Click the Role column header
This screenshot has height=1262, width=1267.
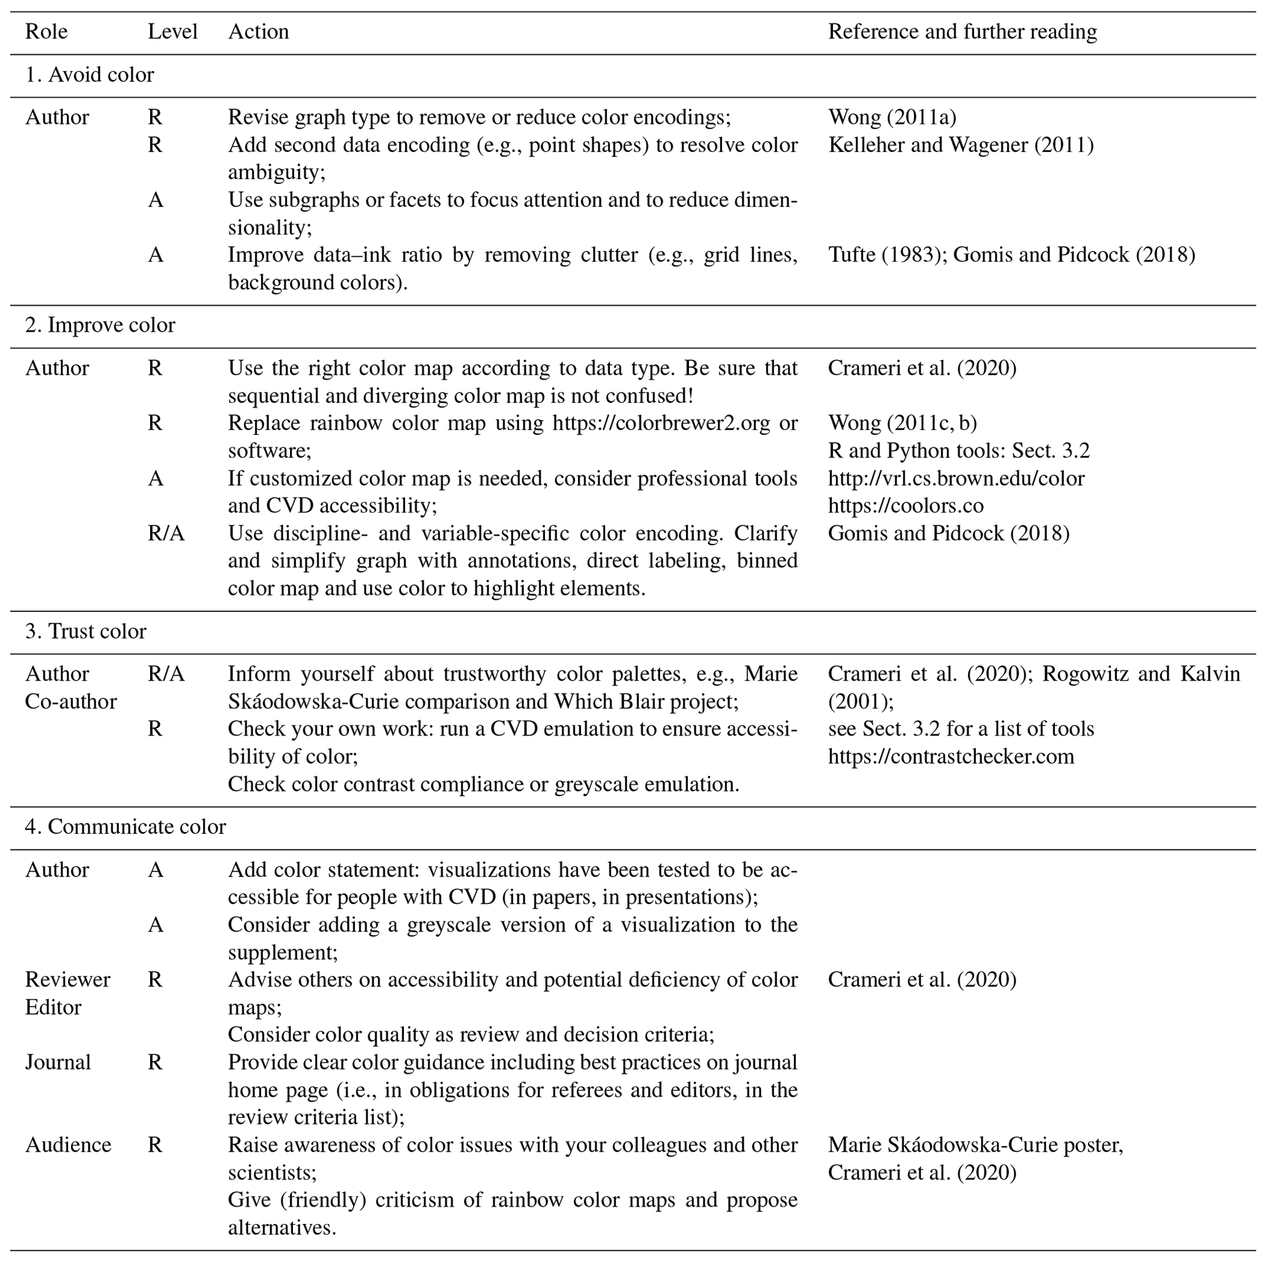point(46,31)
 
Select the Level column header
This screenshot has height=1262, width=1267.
point(172,31)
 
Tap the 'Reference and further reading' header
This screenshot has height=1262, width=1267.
point(962,31)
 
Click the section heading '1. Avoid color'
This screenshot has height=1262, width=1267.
point(89,75)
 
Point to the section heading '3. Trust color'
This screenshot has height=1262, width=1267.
point(85,631)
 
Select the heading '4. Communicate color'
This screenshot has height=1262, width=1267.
point(125,827)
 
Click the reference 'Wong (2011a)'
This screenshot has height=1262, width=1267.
point(892,117)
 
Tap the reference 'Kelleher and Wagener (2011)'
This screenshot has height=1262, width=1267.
point(961,145)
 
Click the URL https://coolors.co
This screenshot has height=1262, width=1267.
point(905,506)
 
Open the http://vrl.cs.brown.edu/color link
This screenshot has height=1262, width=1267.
point(956,478)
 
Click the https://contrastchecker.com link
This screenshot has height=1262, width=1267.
point(951,756)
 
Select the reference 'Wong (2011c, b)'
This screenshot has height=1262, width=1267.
point(902,423)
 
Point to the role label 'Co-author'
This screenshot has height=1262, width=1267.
point(71,701)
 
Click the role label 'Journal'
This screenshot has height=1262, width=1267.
point(58,1062)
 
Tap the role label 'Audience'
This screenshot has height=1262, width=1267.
point(68,1145)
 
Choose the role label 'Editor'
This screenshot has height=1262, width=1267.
point(53,1007)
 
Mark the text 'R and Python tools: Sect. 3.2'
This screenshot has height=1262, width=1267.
point(959,451)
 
